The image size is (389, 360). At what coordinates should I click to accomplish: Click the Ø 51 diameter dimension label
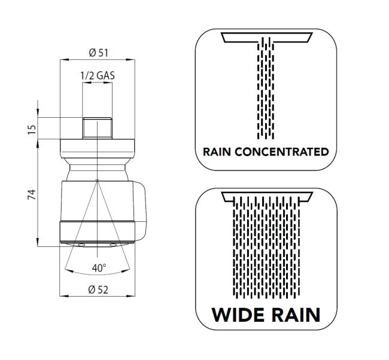point(99,53)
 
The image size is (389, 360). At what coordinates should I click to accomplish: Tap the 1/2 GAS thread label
point(98,75)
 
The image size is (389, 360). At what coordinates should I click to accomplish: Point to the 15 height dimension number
point(32,130)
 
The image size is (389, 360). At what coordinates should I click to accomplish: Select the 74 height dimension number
point(32,194)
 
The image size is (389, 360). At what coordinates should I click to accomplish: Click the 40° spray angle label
point(99,268)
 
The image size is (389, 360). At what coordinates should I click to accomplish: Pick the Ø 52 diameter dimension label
point(98,289)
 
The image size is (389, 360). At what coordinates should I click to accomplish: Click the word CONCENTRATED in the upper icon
point(282,152)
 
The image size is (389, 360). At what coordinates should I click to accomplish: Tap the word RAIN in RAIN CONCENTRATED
point(217,152)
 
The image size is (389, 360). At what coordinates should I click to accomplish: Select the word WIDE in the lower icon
point(238,315)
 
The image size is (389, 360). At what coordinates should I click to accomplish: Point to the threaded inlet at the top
point(97,128)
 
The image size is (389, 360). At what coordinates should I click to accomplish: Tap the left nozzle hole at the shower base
point(81,245)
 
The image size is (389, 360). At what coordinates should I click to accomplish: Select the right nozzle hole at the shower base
point(113,245)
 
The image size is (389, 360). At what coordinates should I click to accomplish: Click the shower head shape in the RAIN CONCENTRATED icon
point(267,37)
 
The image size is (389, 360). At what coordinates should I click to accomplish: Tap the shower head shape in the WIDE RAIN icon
point(267,196)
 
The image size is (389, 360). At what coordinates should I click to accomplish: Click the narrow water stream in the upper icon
point(266,88)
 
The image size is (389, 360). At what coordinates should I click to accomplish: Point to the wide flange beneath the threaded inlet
point(98,148)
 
